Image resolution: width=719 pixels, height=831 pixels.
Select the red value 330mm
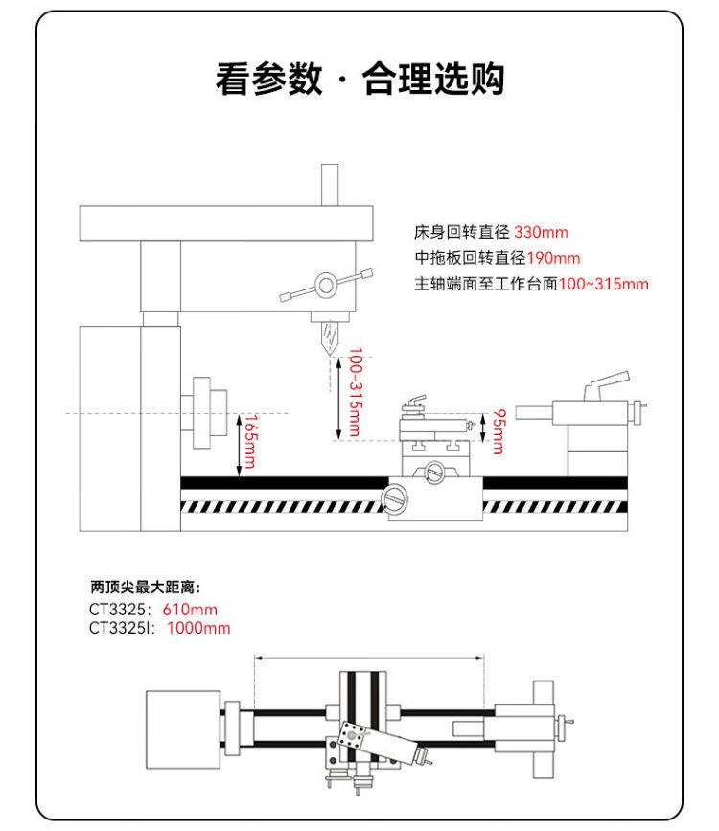(542, 232)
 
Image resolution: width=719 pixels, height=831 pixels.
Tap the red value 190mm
(553, 258)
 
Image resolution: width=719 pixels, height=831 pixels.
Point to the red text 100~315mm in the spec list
(603, 284)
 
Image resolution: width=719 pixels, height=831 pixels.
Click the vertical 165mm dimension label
(248, 441)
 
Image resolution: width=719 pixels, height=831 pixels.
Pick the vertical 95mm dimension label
(499, 432)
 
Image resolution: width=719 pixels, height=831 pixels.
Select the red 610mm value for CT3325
(190, 610)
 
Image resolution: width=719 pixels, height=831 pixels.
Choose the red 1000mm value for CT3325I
(198, 628)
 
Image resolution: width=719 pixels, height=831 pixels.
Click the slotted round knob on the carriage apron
(395, 497)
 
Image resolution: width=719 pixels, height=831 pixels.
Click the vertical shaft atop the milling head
(331, 184)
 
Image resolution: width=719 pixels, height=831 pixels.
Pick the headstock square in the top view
(184, 727)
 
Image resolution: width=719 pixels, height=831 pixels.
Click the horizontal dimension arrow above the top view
(369, 658)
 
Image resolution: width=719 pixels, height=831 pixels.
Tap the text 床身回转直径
(463, 232)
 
